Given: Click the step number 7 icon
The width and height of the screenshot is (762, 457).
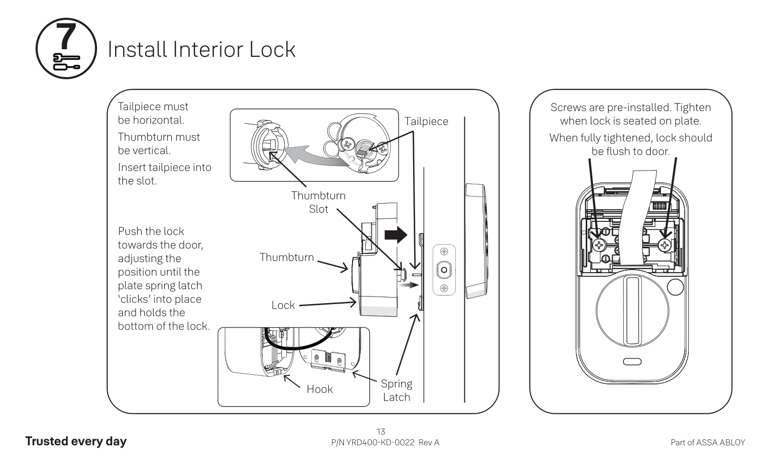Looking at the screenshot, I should click(66, 49).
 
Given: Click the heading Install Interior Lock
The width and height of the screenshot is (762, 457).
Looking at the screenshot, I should click(201, 49).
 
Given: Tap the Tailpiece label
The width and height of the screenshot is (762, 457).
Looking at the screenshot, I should click(426, 121).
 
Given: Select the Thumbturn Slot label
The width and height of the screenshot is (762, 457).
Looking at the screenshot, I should click(318, 202).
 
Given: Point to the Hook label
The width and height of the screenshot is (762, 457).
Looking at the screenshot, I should click(320, 389).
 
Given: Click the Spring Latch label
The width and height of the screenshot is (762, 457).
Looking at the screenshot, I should click(396, 390).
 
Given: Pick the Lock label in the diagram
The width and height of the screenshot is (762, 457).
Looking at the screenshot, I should click(283, 305).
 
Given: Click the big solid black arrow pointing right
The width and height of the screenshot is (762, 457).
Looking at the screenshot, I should click(396, 235).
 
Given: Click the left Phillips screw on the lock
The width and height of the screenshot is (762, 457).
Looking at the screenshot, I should click(600, 246).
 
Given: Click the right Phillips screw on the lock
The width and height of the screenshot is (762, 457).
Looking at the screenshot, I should click(665, 246).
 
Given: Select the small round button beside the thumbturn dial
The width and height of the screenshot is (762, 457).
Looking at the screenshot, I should click(675, 287).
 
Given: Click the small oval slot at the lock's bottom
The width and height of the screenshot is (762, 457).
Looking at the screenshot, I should click(632, 362).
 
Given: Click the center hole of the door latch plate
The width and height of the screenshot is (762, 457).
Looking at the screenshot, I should click(444, 270).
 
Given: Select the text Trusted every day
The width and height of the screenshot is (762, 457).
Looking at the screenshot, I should click(76, 441).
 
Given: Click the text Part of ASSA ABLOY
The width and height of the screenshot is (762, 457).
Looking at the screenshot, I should click(708, 442).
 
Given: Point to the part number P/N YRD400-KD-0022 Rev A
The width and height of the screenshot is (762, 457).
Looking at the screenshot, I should click(385, 442).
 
